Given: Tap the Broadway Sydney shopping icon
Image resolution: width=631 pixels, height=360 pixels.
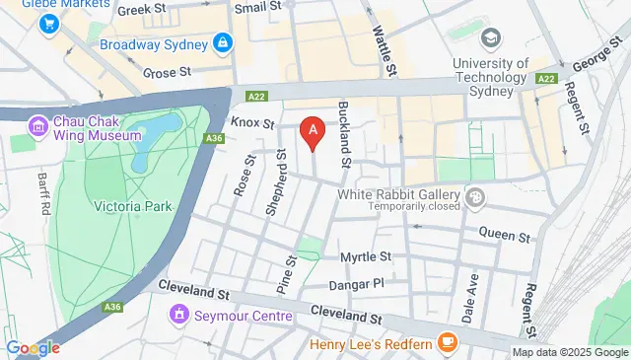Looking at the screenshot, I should pyautogui.click(x=224, y=43).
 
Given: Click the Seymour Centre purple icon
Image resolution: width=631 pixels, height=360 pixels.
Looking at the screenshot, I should pyautogui.click(x=178, y=316).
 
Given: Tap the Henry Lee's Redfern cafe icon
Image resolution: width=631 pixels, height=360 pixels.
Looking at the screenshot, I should pyautogui.click(x=449, y=343).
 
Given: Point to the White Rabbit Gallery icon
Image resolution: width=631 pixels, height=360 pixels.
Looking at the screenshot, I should pyautogui.click(x=476, y=198).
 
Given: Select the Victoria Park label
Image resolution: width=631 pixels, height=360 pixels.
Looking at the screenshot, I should pyautogui.click(x=132, y=206).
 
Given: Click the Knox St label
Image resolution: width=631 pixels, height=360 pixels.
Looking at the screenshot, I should pyautogui.click(x=251, y=123).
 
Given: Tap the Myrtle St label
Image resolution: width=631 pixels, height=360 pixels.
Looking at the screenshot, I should pyautogui.click(x=366, y=256).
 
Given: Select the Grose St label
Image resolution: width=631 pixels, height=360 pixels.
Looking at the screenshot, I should pyautogui.click(x=166, y=72).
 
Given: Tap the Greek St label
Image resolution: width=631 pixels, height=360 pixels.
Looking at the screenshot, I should pyautogui.click(x=141, y=11).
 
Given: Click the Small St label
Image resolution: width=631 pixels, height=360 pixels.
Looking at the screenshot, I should pyautogui.click(x=259, y=9).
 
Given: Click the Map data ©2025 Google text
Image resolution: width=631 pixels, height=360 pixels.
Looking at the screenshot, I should pyautogui.click(x=569, y=352).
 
